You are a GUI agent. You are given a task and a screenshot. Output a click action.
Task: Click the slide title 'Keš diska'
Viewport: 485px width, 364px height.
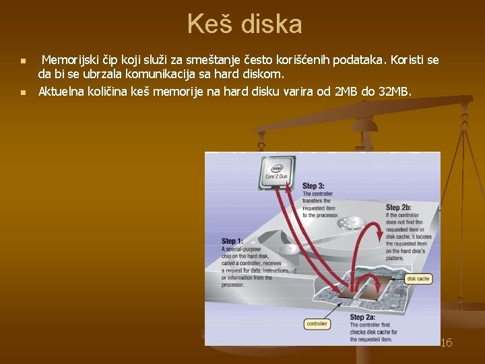(x=245, y=25)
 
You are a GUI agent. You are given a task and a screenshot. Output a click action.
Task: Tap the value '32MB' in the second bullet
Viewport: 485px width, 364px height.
(x=394, y=91)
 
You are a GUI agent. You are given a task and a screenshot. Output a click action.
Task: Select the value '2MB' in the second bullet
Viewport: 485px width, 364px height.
(x=348, y=91)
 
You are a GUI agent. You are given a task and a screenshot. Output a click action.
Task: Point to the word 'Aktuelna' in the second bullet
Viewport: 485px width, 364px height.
(x=61, y=91)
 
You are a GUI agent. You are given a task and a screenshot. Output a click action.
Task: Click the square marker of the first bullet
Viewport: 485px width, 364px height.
(x=24, y=61)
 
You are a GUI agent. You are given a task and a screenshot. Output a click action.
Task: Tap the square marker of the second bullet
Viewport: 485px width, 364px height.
(x=24, y=92)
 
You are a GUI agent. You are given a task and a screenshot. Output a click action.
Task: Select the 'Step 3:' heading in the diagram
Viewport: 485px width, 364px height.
(x=313, y=186)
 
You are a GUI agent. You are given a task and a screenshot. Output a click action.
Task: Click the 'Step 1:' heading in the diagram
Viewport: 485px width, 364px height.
(x=232, y=241)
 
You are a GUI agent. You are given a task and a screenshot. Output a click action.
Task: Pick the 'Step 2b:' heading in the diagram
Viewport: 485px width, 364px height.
(x=399, y=208)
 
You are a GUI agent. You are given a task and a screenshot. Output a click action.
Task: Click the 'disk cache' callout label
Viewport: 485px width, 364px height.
(x=419, y=278)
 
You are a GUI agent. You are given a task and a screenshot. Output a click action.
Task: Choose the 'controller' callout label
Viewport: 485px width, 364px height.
(x=317, y=324)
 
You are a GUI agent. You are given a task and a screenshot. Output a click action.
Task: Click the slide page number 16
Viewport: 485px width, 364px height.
(x=446, y=343)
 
